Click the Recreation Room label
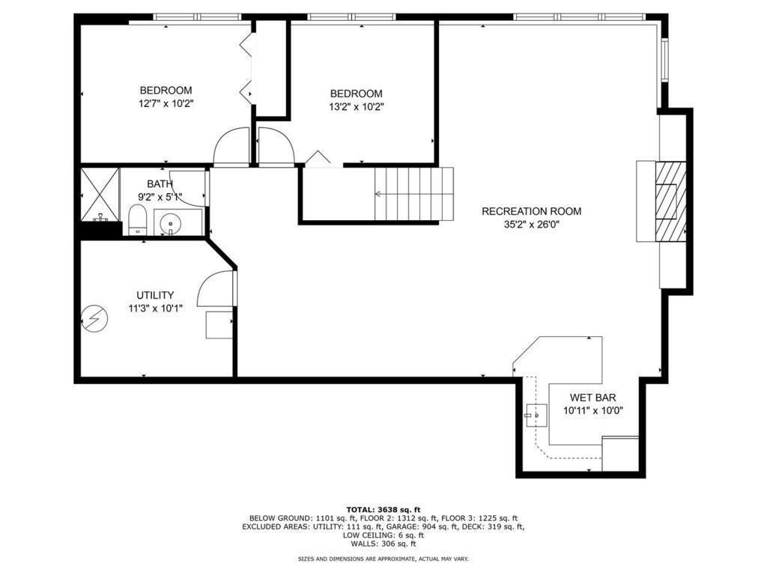(531, 211)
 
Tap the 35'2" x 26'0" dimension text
(531, 225)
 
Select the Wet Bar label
(593, 398)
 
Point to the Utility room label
(155, 295)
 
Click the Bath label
(160, 184)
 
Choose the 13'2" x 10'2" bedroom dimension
(356, 107)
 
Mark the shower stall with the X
(100, 194)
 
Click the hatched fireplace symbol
(670, 201)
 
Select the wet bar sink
(536, 415)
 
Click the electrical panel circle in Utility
(94, 319)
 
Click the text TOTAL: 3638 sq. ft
(383, 510)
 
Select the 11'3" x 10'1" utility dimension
(156, 308)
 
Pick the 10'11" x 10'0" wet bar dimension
(593, 411)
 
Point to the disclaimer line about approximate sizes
(383, 559)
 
